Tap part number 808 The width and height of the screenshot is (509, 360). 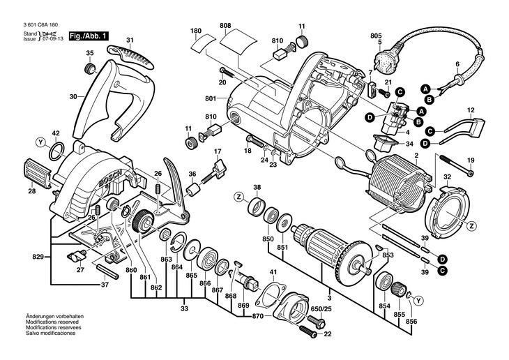click(x=225, y=27)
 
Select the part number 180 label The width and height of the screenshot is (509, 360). click(x=195, y=31)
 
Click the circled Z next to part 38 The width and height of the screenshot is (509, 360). click(x=238, y=199)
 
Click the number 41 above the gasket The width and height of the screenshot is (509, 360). click(x=273, y=271)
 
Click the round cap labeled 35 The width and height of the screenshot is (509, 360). click(x=90, y=68)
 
